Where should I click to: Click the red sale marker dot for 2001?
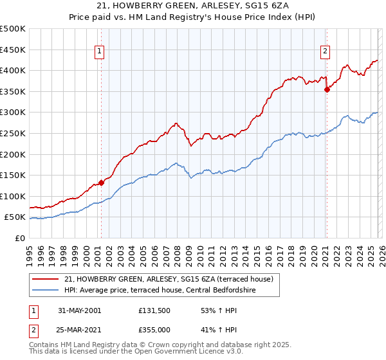(102, 183)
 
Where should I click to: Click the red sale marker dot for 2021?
(327, 89)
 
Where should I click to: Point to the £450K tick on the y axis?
(13, 50)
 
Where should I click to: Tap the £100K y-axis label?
(13, 196)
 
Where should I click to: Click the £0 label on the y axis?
(20, 238)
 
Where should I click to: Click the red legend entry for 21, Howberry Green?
(169, 279)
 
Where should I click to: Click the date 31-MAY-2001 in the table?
(79, 310)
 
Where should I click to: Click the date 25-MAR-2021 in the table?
(80, 330)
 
